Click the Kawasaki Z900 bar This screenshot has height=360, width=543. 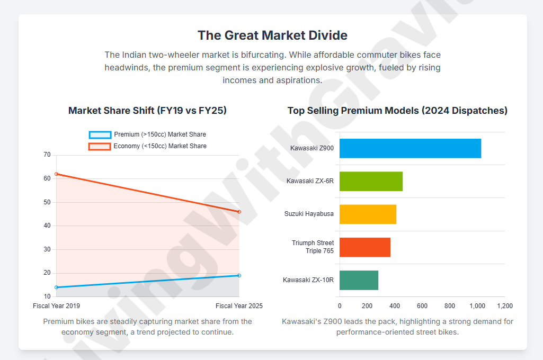[x=410, y=148]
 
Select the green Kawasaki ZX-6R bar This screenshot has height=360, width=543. [x=371, y=181]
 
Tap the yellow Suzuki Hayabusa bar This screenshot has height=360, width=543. [x=368, y=214]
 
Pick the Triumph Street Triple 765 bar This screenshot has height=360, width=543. [x=365, y=247]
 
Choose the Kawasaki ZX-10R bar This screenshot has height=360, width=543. [x=359, y=280]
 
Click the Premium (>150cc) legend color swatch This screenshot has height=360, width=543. [x=100, y=134]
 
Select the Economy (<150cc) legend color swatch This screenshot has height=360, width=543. [x=100, y=146]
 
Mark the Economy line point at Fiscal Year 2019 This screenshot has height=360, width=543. [x=56, y=174]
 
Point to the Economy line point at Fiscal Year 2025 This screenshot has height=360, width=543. [x=239, y=212]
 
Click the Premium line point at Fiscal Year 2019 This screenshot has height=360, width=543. [x=56, y=287]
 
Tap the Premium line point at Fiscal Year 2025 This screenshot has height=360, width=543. [x=239, y=275]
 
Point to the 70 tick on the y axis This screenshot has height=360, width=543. [x=47, y=155]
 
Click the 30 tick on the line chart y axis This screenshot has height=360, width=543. [x=47, y=249]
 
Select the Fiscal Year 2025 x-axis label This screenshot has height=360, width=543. [x=239, y=306]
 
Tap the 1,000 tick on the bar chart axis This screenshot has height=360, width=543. [x=477, y=306]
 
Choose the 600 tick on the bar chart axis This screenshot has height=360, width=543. [x=422, y=306]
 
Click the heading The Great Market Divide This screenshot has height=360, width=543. [x=272, y=35]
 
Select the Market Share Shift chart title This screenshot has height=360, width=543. [x=147, y=111]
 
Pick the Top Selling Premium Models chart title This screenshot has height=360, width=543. [x=397, y=111]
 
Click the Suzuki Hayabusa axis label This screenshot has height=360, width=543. [x=309, y=214]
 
